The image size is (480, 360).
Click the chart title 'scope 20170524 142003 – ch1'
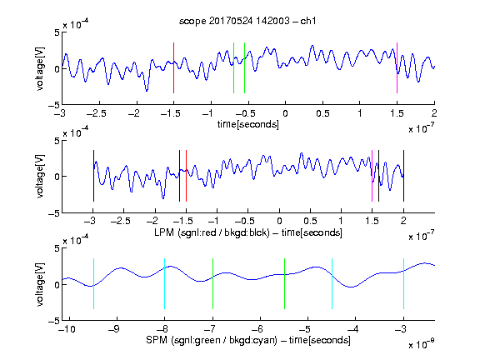[247, 21]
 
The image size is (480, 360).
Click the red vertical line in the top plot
[173, 67]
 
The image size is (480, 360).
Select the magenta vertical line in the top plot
[397, 67]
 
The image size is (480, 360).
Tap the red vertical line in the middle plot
[186, 176]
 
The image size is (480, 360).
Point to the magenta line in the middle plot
[372, 176]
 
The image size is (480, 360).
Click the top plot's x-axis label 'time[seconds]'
[248, 124]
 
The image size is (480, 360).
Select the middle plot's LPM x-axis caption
[248, 232]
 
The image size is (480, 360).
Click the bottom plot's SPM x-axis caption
[248, 340]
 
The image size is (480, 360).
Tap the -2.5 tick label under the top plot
[97, 113]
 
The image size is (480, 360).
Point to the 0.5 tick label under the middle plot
[310, 221]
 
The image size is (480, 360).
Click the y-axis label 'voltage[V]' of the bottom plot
[40, 284]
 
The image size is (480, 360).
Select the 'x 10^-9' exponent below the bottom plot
[422, 344]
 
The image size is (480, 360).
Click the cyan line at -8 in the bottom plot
[164, 284]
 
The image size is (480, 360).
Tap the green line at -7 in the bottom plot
[212, 284]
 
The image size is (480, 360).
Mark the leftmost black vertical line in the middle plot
[93, 176]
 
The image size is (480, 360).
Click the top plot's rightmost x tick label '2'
[434, 113]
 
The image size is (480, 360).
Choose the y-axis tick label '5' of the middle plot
[57, 141]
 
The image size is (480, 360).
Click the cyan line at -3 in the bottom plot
[403, 284]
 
